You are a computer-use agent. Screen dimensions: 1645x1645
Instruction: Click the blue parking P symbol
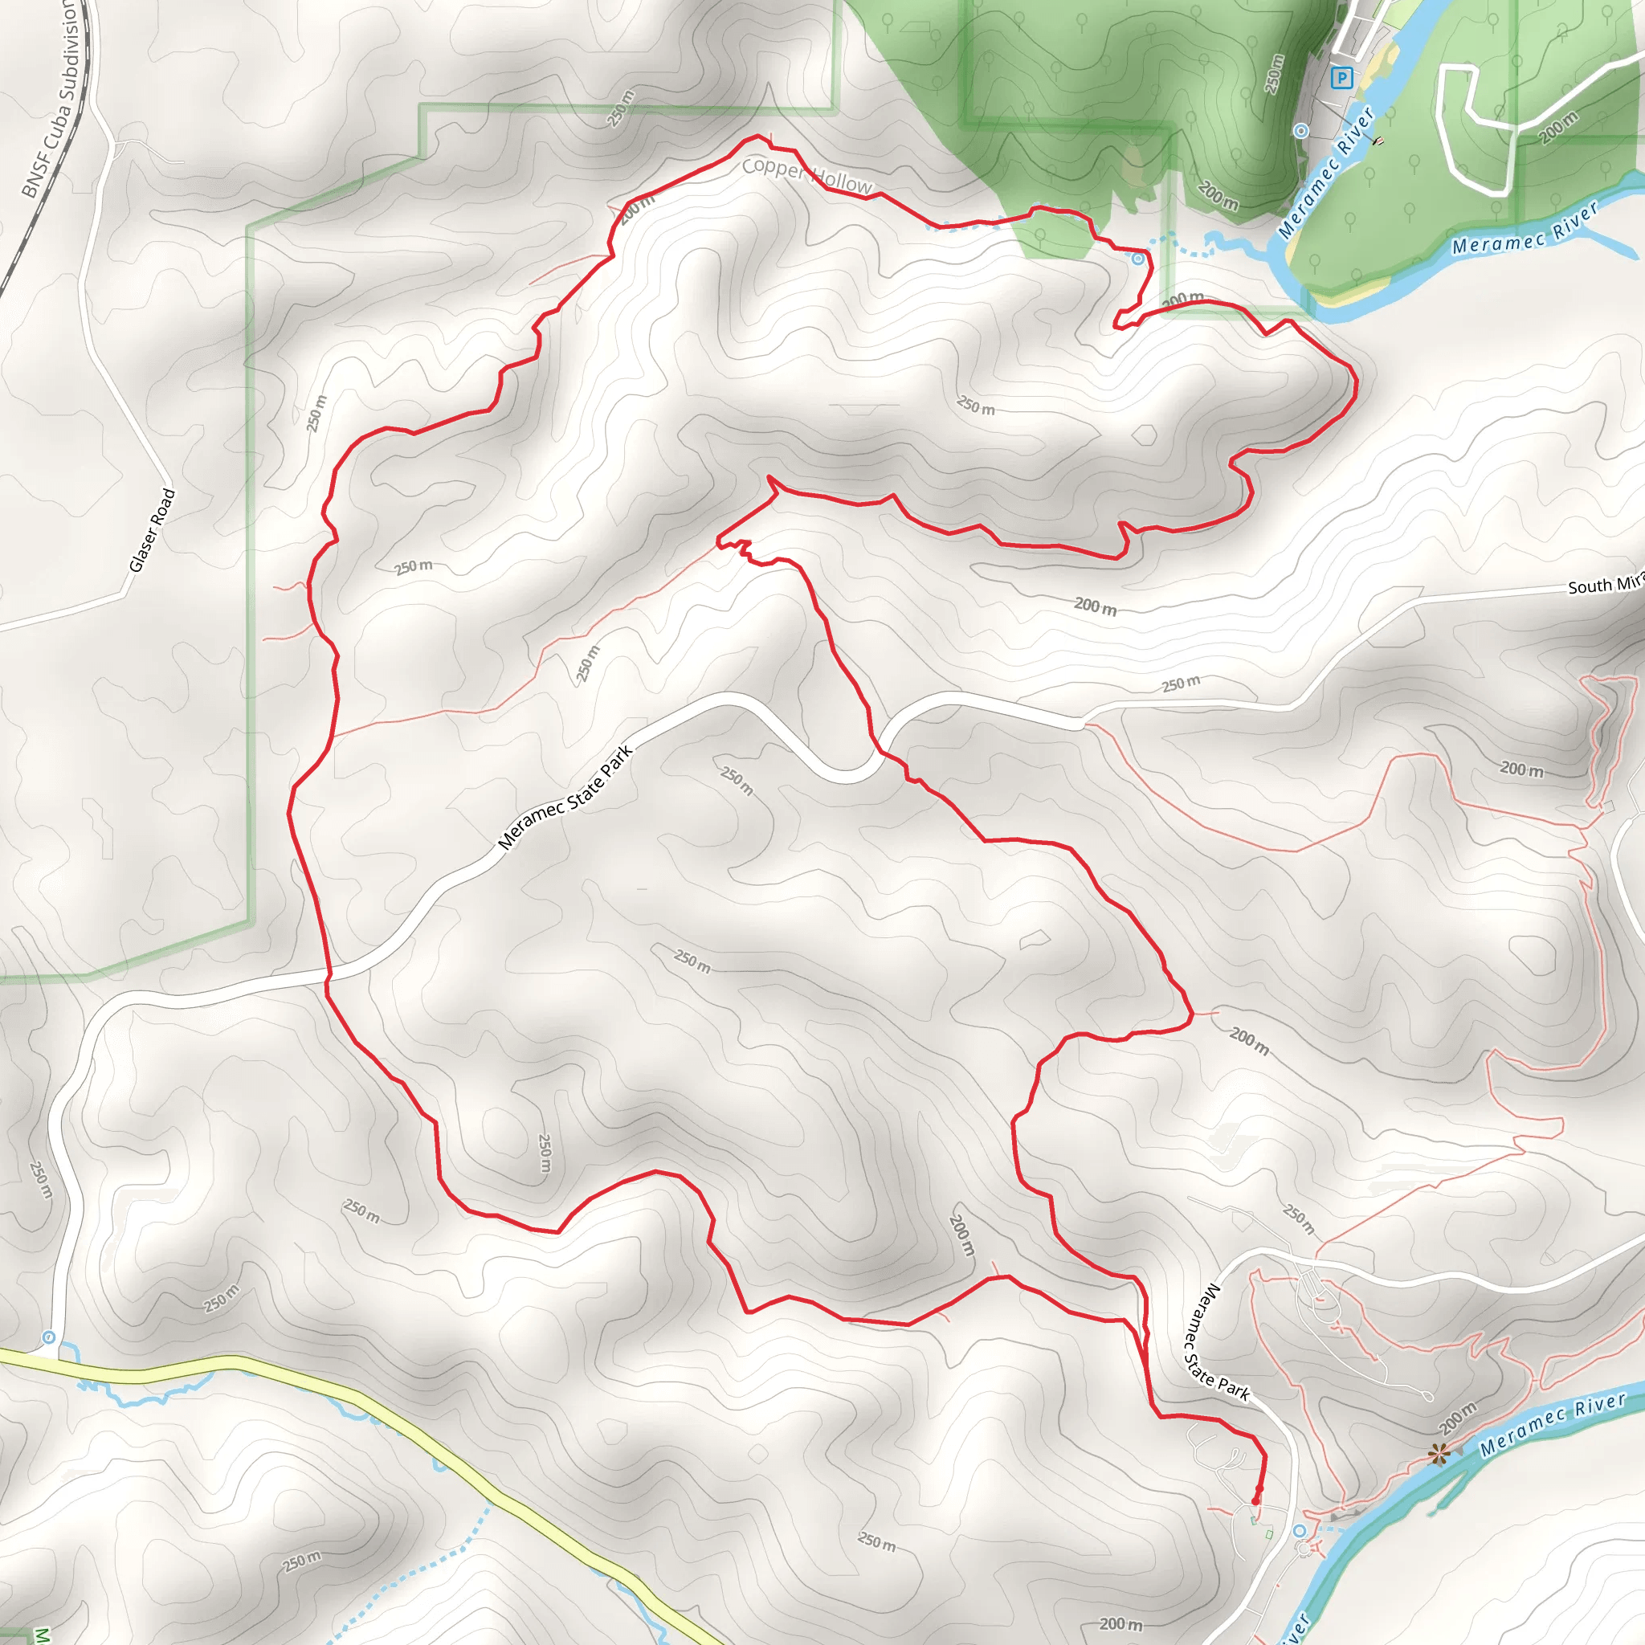click(1342, 80)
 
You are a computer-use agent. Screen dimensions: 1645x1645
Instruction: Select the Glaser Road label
click(153, 529)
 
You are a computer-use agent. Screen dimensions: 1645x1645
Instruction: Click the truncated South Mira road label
click(1605, 585)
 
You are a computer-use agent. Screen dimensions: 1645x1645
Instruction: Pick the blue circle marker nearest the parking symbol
click(1301, 130)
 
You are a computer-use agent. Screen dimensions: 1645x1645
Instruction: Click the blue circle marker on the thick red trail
click(1138, 259)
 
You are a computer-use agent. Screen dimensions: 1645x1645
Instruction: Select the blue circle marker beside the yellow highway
click(49, 1337)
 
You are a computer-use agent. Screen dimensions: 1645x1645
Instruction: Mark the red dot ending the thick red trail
click(1258, 1500)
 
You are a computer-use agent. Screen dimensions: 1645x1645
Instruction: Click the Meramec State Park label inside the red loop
click(566, 798)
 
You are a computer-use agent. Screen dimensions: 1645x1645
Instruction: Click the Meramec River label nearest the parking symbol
click(1327, 172)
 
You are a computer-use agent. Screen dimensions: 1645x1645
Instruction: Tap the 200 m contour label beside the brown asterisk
click(1458, 1417)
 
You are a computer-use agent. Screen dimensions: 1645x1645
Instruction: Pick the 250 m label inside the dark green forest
click(1274, 74)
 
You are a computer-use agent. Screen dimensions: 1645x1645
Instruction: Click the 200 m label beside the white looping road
click(1558, 128)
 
